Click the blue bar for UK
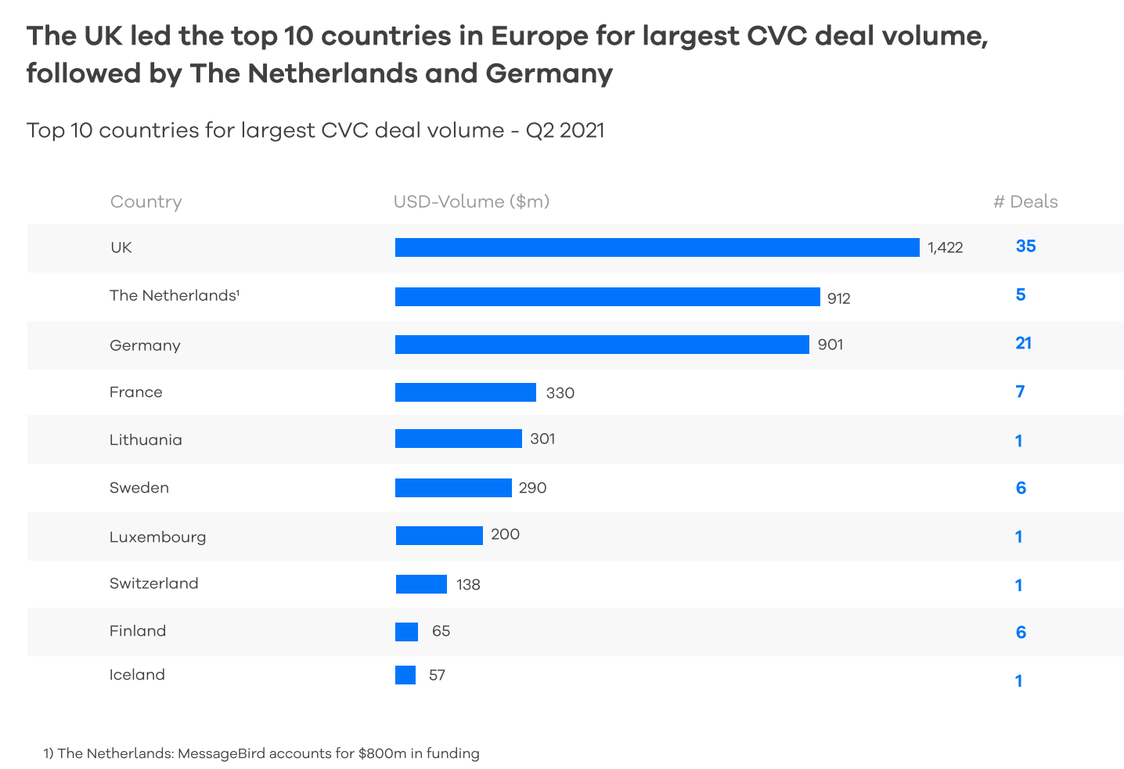pyautogui.click(x=657, y=247)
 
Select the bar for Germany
pyautogui.click(x=602, y=345)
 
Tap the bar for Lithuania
pyautogui.click(x=458, y=439)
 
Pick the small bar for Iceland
pyautogui.click(x=405, y=675)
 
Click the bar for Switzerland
pyautogui.click(x=421, y=584)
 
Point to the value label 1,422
pyautogui.click(x=945, y=248)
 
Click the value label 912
pyautogui.click(x=838, y=298)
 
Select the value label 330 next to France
pyautogui.click(x=560, y=393)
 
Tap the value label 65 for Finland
pyautogui.click(x=441, y=631)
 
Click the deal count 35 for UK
pyautogui.click(x=1025, y=247)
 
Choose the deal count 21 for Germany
pyautogui.click(x=1023, y=343)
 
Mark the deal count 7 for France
pyautogui.click(x=1020, y=392)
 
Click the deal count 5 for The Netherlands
pyautogui.click(x=1020, y=295)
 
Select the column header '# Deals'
pyautogui.click(x=1025, y=202)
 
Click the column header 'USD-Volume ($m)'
pyautogui.click(x=471, y=202)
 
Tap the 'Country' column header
pyautogui.click(x=146, y=202)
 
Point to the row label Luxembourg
pyautogui.click(x=157, y=537)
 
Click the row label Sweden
pyautogui.click(x=139, y=488)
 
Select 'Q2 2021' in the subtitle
pyautogui.click(x=564, y=130)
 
